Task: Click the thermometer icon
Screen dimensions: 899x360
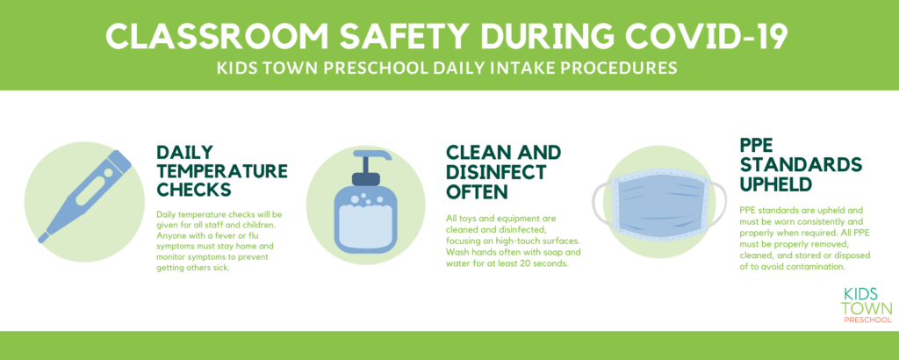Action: click(85, 196)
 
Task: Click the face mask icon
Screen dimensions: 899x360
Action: click(658, 202)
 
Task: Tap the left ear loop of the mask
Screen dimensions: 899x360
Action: click(600, 202)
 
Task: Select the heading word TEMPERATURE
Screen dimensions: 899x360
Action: click(222, 170)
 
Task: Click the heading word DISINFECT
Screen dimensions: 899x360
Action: click(497, 171)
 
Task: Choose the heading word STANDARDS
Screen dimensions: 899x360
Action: click(801, 164)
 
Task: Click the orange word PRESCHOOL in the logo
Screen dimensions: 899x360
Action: click(867, 320)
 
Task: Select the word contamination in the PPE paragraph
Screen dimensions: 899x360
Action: click(818, 267)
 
